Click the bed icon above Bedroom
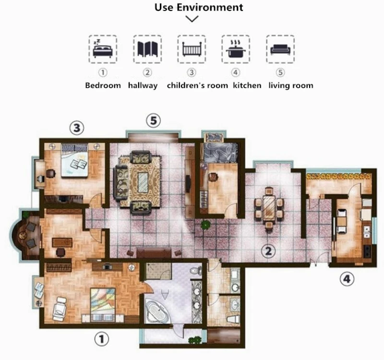click(x=103, y=49)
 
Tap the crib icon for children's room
click(x=192, y=49)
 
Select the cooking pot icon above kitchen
click(x=236, y=49)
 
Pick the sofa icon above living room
click(x=280, y=49)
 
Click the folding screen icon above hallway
click(x=147, y=49)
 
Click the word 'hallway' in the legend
click(x=143, y=85)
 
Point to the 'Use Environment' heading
click(x=199, y=7)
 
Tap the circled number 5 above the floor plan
click(x=153, y=121)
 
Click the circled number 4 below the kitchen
click(x=347, y=279)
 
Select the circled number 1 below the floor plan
click(x=102, y=339)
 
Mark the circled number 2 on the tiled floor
click(x=268, y=251)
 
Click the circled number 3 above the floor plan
click(x=77, y=128)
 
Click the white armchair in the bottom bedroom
click(x=60, y=309)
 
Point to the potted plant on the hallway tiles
click(x=206, y=225)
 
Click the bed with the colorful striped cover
click(x=103, y=303)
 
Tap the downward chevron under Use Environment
click(x=192, y=19)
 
